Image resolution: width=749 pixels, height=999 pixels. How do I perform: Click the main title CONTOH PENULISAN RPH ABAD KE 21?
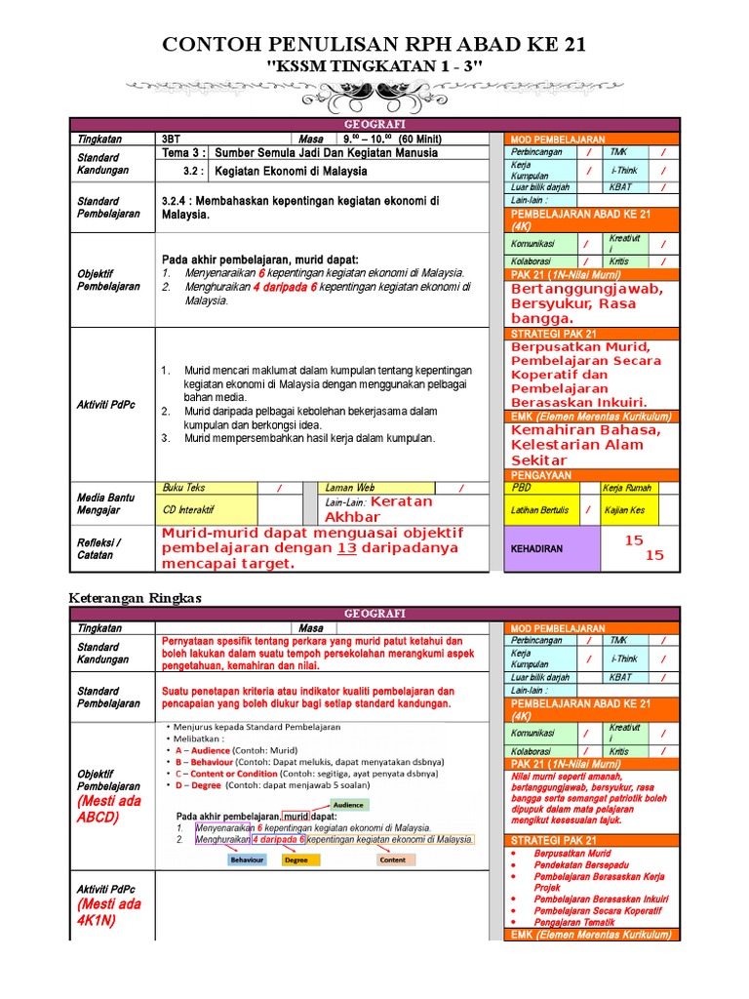[x=374, y=46]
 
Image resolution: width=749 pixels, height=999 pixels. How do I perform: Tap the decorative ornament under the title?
[x=374, y=96]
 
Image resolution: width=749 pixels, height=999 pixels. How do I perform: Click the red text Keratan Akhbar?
[x=391, y=509]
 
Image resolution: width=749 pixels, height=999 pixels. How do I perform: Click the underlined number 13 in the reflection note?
[x=346, y=548]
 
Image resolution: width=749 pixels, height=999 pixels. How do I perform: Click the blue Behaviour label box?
[x=247, y=860]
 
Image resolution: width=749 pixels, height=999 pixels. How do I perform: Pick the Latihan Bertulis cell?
[x=542, y=509]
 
